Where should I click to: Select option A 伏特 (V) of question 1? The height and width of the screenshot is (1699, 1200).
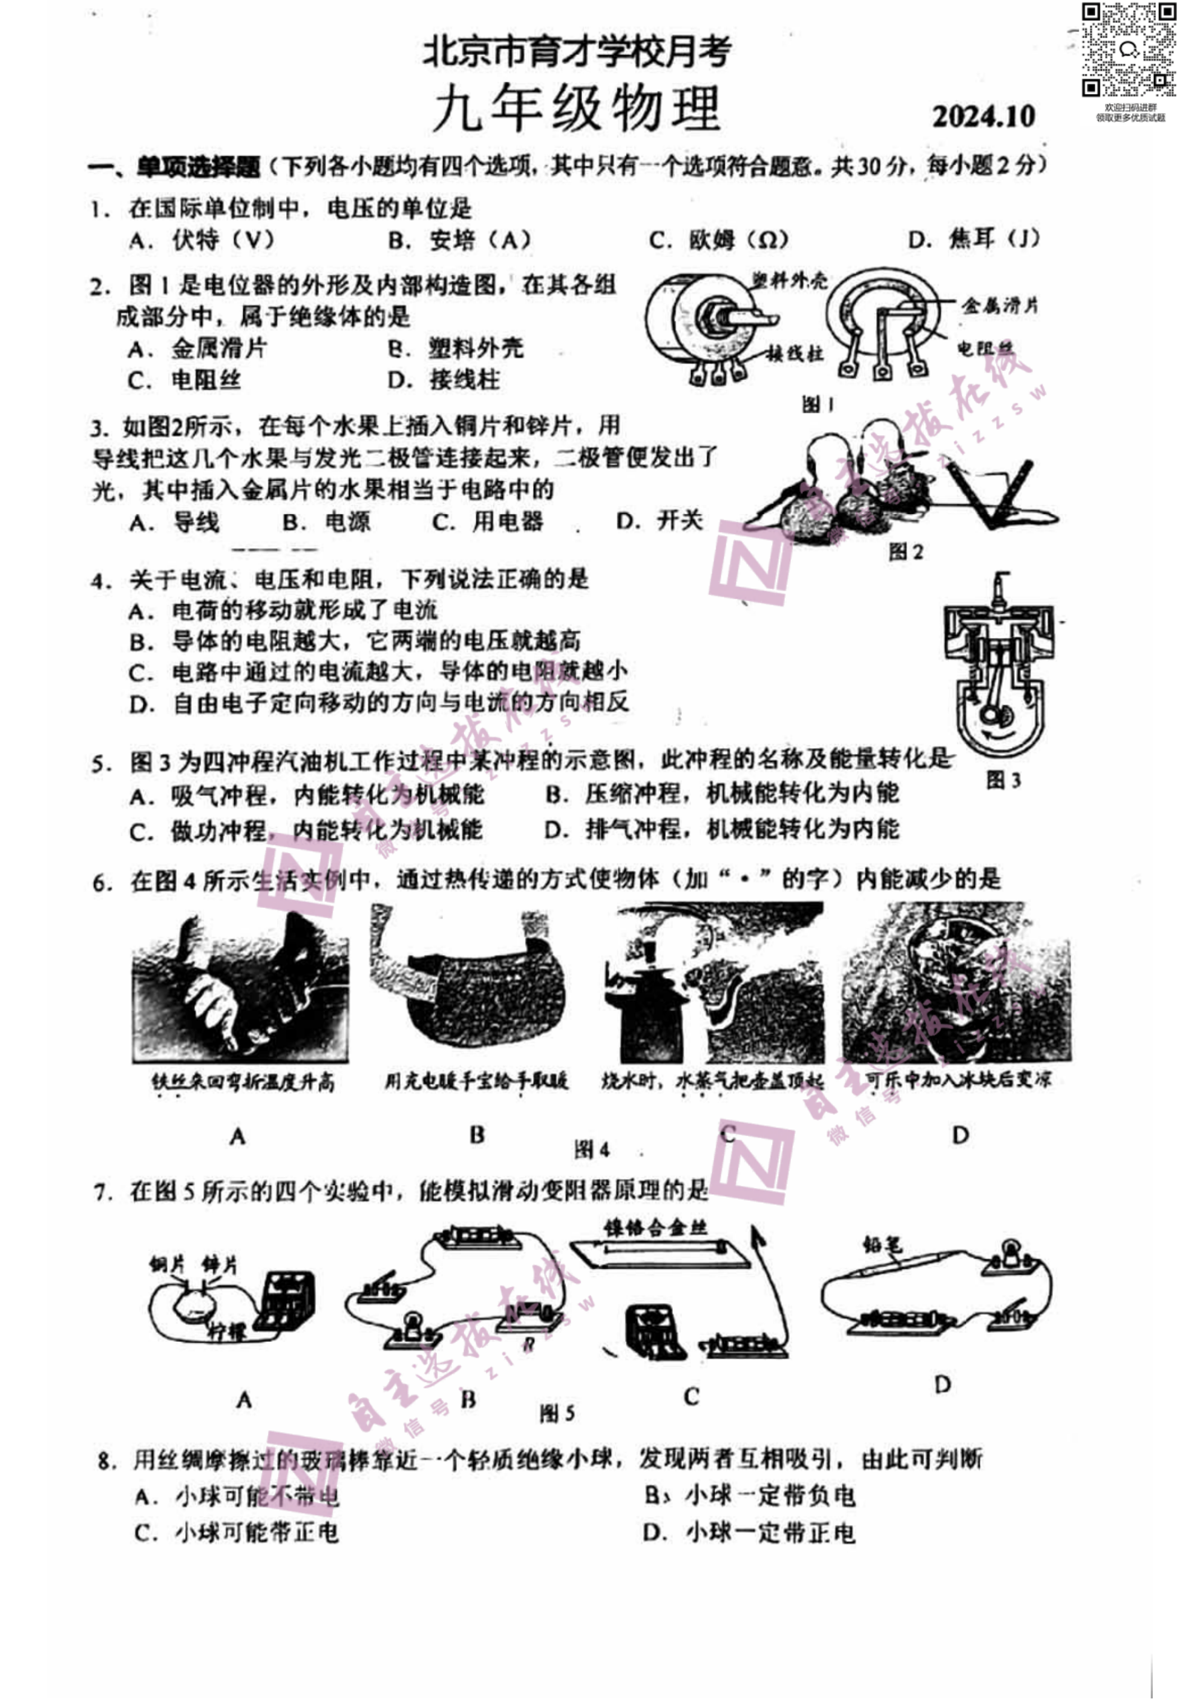(202, 240)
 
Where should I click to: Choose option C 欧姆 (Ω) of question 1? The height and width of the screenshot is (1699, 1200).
(718, 240)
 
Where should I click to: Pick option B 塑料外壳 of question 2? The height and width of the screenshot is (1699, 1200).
(456, 348)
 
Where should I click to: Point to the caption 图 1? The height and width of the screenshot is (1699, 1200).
(818, 404)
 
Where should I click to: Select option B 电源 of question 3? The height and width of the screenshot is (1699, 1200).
(326, 522)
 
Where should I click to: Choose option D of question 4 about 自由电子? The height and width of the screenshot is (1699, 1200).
(379, 703)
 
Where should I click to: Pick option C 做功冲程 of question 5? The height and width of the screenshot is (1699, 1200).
(306, 830)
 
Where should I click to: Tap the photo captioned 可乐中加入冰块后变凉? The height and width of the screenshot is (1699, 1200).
(956, 983)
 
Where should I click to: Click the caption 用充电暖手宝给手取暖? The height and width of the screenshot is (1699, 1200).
(476, 1081)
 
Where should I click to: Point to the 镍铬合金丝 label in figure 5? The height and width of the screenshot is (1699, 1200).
(655, 1227)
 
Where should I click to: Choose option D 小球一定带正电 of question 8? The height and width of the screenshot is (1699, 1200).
(749, 1533)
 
